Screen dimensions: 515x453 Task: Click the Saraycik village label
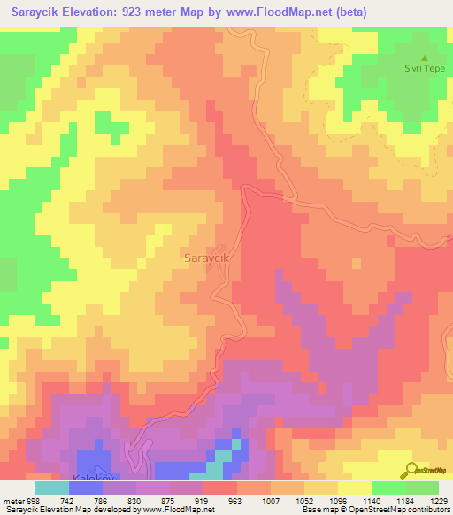click(x=208, y=257)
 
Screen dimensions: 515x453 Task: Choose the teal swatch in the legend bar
click(x=51, y=488)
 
